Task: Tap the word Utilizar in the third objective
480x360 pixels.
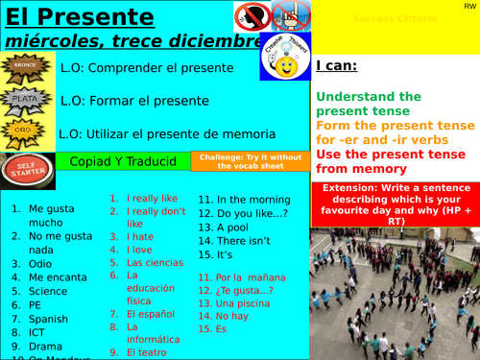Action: click(105, 133)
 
